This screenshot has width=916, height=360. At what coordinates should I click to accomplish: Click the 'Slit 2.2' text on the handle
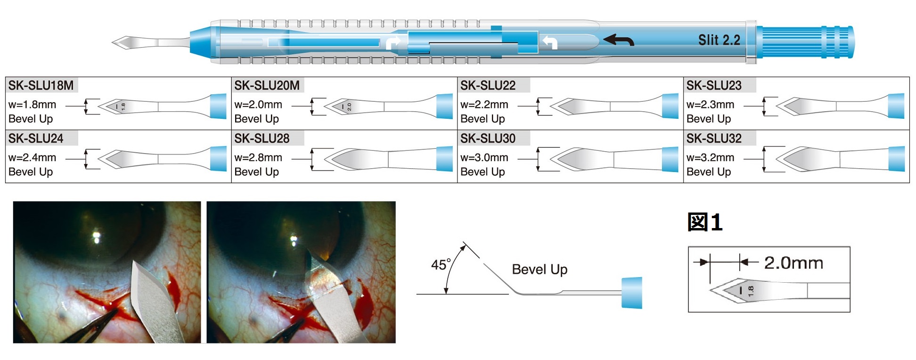coord(719,40)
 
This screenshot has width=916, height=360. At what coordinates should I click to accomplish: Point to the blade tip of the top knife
coord(113,42)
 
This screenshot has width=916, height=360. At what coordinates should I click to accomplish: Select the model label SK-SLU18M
coord(41,85)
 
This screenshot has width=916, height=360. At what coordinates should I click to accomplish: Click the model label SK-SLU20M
coord(267,85)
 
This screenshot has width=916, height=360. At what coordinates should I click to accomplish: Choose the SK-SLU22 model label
coord(488,85)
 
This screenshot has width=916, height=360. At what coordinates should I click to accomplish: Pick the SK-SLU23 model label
coord(714,85)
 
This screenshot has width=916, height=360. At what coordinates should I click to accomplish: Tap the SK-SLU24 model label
coord(36,139)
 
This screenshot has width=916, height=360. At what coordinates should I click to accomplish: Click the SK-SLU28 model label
coord(262,139)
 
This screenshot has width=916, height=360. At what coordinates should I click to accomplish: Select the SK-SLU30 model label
coord(488,139)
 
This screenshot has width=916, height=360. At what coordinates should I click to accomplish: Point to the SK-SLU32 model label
coord(714,139)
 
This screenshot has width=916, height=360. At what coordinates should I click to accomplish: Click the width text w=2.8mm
coord(258,157)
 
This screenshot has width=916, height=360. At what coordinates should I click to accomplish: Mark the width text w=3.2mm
coord(710,157)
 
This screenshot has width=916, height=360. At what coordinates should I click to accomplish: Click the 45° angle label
coord(441,264)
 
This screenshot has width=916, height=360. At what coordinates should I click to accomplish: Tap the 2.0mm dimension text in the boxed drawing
coord(793,262)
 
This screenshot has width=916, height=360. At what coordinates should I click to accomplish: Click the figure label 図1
coord(705,222)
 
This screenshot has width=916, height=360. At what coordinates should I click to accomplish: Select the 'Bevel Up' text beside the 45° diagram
coord(540,270)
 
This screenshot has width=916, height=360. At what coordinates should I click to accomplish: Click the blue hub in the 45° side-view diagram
coord(631,293)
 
